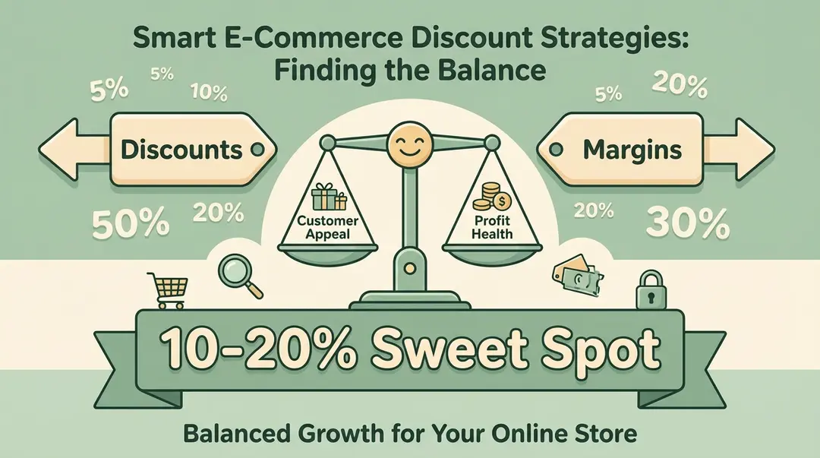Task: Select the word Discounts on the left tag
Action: coord(180,148)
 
